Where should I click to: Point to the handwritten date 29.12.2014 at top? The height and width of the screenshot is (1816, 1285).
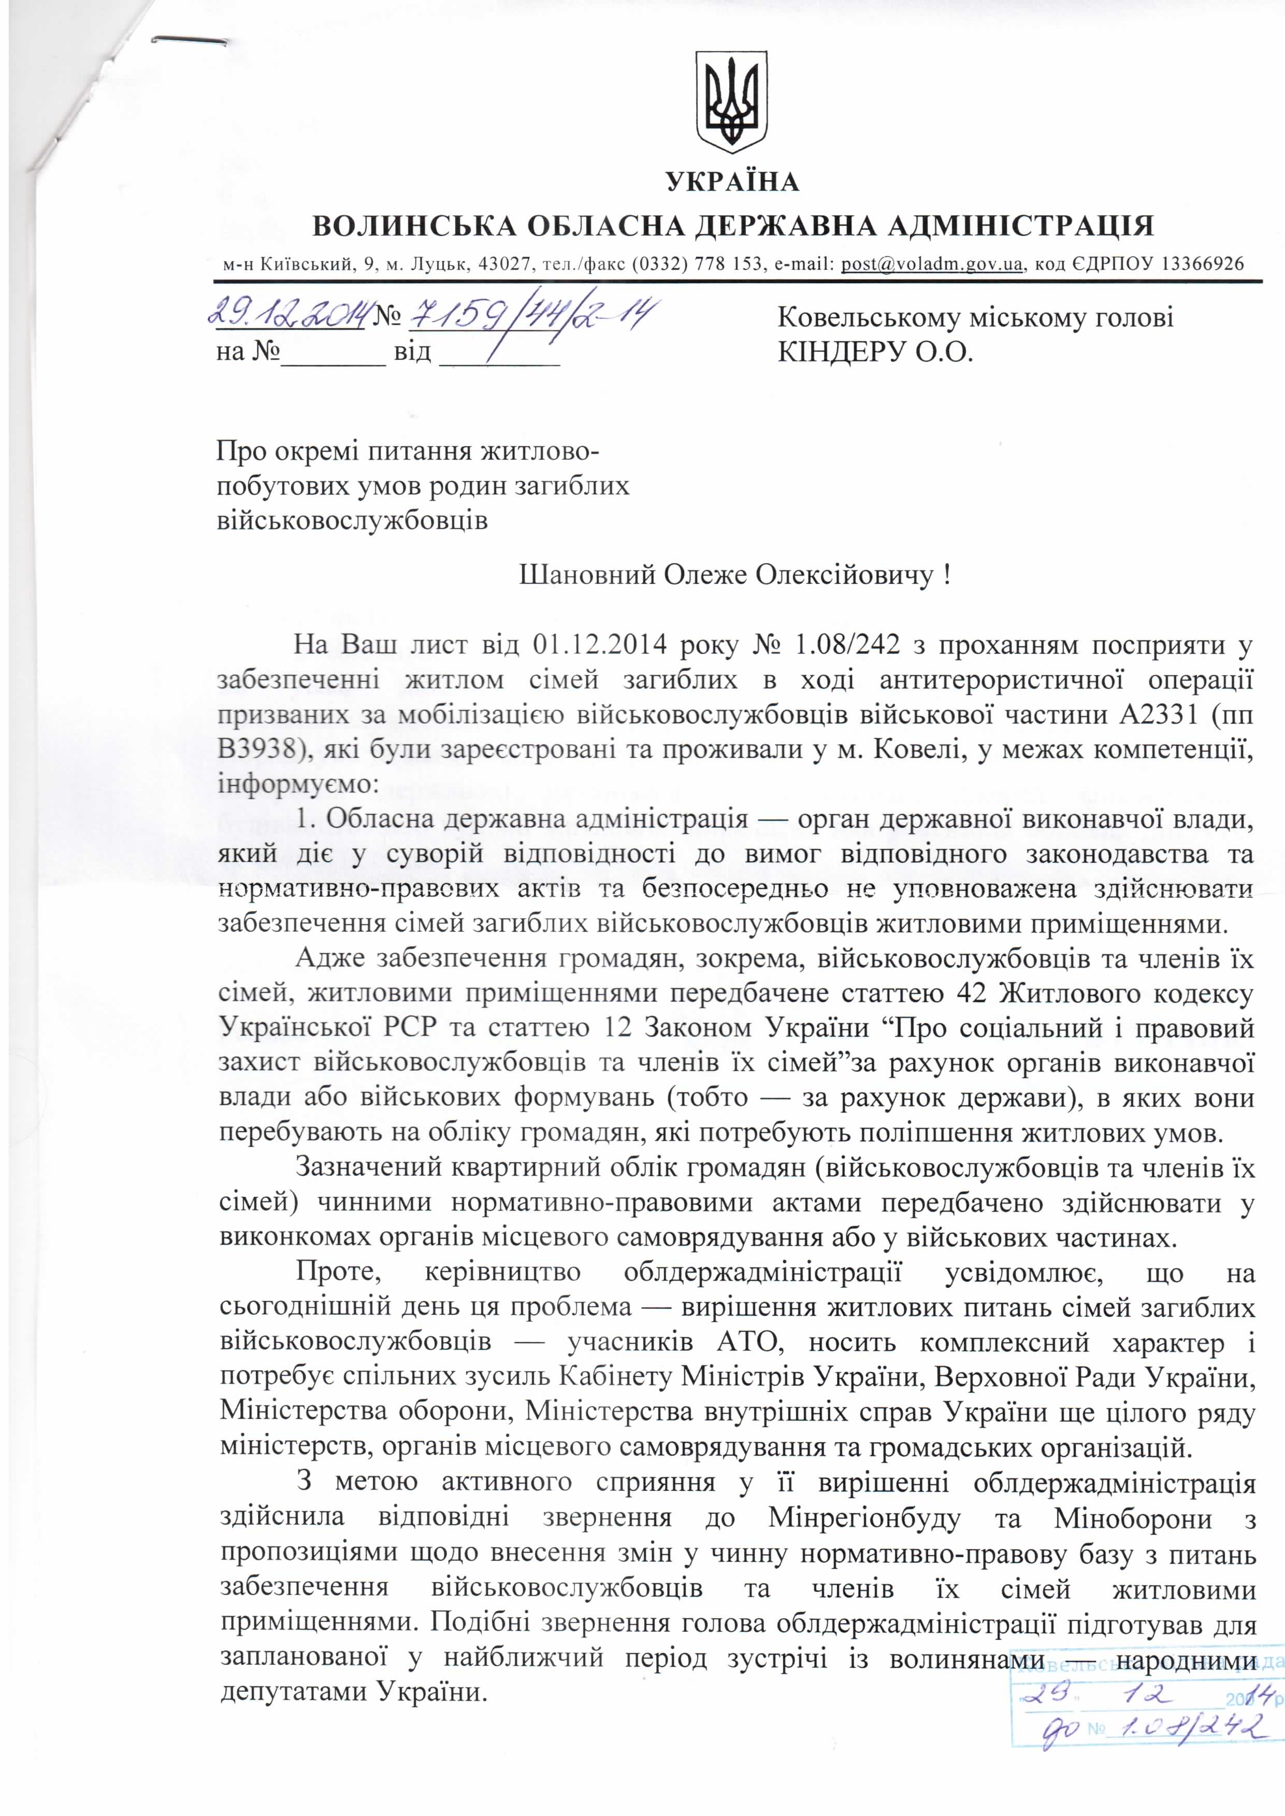[x=286, y=316]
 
